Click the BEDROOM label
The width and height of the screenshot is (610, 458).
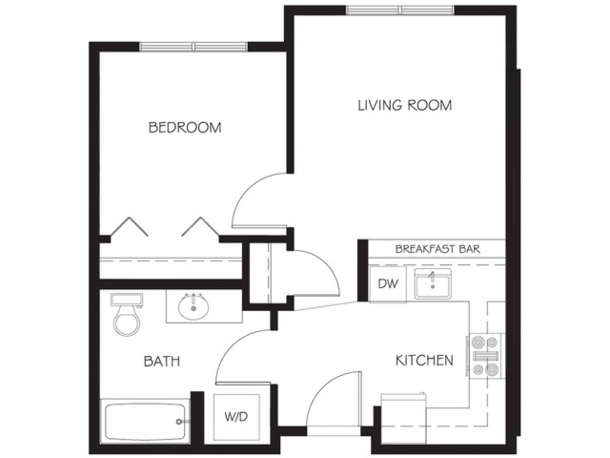185,127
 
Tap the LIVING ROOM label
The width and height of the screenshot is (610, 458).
404,105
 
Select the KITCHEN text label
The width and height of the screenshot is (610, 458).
424,361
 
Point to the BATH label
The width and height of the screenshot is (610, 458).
162,361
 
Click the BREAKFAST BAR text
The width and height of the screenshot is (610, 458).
437,249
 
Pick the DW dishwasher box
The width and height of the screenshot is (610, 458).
388,283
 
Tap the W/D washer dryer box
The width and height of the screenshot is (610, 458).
236,417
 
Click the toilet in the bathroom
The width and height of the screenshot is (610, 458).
127,314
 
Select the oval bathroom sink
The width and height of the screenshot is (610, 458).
193,306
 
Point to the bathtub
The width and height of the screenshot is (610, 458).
145,421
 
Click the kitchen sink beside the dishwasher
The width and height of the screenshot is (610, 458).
433,284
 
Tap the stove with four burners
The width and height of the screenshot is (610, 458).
486,356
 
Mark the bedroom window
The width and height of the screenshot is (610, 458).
193,47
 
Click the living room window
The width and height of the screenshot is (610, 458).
400,10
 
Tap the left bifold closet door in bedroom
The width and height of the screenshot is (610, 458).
129,227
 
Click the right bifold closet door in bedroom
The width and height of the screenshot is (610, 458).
200,227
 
